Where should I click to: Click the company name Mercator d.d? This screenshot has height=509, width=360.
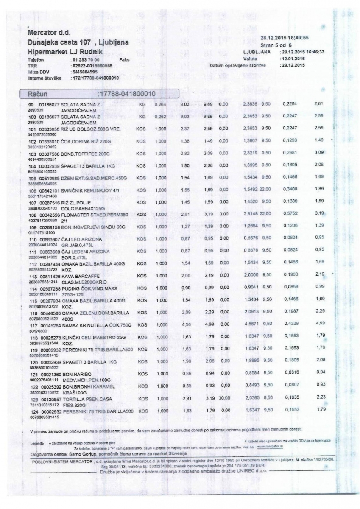(x=49, y=32)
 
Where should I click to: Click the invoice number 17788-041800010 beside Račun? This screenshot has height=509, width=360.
(x=127, y=93)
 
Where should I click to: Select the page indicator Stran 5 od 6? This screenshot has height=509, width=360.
(x=276, y=45)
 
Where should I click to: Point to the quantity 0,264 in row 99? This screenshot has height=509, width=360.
(x=160, y=104)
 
